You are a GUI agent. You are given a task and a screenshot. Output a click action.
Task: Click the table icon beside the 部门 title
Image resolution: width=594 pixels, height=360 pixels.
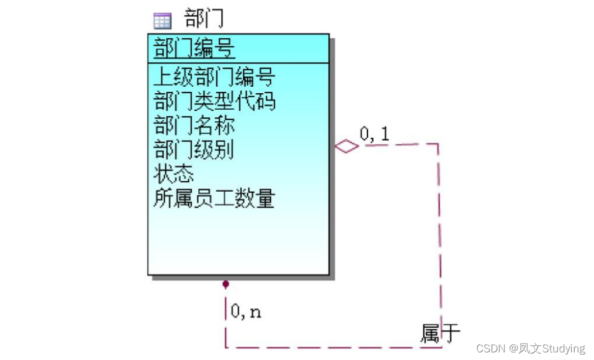pyautogui.click(x=162, y=21)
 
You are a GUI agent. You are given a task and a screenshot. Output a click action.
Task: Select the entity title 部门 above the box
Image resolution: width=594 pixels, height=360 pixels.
pyautogui.click(x=204, y=19)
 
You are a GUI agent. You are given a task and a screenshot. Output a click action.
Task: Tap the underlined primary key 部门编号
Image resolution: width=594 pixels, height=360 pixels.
pyautogui.click(x=194, y=47)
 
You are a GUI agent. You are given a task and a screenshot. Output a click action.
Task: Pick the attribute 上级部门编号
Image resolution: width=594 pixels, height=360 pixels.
pyautogui.click(x=214, y=77)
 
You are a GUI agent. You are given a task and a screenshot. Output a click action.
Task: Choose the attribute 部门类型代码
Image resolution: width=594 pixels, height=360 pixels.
pyautogui.click(x=214, y=101)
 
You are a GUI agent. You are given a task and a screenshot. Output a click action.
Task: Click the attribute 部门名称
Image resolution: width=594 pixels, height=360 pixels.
pyautogui.click(x=194, y=126)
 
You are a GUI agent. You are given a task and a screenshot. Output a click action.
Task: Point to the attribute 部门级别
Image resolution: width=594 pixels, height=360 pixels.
pyautogui.click(x=194, y=150)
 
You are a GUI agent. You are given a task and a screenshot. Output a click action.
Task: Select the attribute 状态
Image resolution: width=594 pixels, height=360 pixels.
pyautogui.click(x=174, y=174)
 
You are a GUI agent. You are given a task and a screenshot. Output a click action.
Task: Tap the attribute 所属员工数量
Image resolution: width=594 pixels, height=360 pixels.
pyautogui.click(x=214, y=199)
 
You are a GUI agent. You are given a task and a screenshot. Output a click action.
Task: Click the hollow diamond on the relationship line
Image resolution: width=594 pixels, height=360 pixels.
pyautogui.click(x=347, y=146)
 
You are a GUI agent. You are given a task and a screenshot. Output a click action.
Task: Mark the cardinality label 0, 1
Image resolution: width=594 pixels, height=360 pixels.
pyautogui.click(x=374, y=134)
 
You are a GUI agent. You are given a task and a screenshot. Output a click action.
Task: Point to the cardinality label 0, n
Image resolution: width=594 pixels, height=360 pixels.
pyautogui.click(x=246, y=312)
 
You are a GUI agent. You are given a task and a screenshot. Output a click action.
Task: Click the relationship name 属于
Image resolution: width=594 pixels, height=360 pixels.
pyautogui.click(x=440, y=333)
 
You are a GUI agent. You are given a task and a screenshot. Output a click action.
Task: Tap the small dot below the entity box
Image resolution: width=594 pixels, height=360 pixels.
pyautogui.click(x=225, y=284)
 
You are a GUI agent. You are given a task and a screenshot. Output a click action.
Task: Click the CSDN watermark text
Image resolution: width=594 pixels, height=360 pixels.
pyautogui.click(x=491, y=349)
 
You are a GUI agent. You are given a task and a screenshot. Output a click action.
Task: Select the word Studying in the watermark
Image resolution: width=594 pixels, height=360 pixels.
pyautogui.click(x=564, y=349)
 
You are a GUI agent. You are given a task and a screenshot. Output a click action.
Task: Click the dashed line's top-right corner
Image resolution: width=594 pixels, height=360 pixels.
pyautogui.click(x=439, y=144)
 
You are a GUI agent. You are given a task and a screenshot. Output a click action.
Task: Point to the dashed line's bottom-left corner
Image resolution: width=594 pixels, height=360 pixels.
pyautogui.click(x=226, y=347)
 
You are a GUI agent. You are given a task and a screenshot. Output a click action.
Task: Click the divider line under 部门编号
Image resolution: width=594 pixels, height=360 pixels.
pyautogui.click(x=238, y=62)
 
